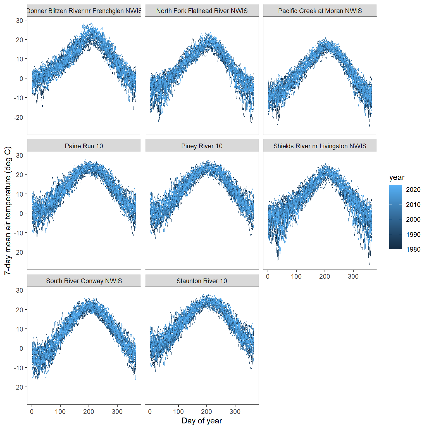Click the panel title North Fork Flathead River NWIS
coord(202,11)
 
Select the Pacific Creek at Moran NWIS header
coord(320,11)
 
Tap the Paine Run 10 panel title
coord(84,146)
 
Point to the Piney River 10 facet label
coord(202,146)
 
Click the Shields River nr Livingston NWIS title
coord(320,146)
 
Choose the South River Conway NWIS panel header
coord(84,281)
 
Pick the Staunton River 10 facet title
coord(202,281)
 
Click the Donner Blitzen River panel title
coord(84,11)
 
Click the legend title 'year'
coord(397,177)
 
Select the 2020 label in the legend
coord(413,190)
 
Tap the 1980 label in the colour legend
coord(413,249)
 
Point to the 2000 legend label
coord(413,220)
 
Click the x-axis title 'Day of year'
coord(202,421)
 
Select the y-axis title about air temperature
coord(8,211)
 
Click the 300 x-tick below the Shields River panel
coord(353,277)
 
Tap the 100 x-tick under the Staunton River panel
coord(178,412)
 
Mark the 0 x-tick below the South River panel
coord(32,412)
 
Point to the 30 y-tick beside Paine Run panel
coord(20,155)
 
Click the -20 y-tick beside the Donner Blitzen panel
coord(18,117)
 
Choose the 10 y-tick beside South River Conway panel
coord(20,329)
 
